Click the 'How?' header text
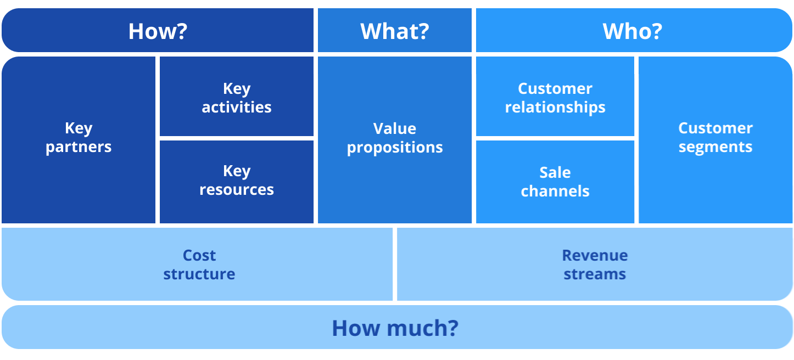coord(158,31)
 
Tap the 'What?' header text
coord(394,31)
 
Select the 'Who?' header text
coord(633,31)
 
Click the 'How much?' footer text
coord(395,328)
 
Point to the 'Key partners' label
coord(79,138)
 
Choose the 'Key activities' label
coord(237,98)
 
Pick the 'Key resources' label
coord(237,181)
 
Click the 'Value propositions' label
coord(395,138)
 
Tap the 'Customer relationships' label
coord(555,98)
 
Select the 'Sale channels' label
coord(555,182)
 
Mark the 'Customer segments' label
coord(715,138)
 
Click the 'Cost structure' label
coord(199,265)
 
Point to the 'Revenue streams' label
coord(595,265)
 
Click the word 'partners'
coord(79,148)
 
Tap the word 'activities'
coord(237,107)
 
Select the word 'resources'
coord(237,190)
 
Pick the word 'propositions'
coord(395,148)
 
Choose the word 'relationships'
coord(555,107)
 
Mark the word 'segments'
coord(715,148)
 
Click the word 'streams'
coord(595,274)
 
